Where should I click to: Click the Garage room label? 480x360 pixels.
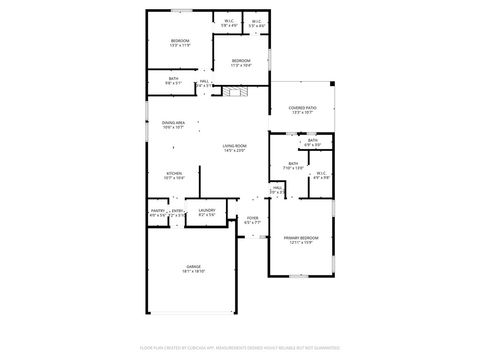(x=193, y=266)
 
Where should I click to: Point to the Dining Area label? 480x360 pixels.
(x=173, y=123)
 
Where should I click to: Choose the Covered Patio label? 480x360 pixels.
(x=302, y=107)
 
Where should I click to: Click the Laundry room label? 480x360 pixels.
(x=207, y=210)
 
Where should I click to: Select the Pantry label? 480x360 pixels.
(x=157, y=210)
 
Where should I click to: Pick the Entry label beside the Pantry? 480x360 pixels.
(x=177, y=210)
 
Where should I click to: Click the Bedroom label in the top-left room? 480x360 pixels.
(x=179, y=40)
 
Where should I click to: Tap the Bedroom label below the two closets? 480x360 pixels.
(x=241, y=60)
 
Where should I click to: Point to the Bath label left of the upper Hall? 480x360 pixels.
(x=173, y=79)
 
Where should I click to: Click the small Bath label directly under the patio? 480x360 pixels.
(x=312, y=140)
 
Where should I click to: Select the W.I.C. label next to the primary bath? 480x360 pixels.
(x=320, y=173)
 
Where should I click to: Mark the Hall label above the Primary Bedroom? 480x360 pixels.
(x=277, y=186)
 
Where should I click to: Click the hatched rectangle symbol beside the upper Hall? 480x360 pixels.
(x=234, y=92)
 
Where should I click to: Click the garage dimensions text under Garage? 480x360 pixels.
(x=193, y=271)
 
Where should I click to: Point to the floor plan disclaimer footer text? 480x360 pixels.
(x=240, y=348)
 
